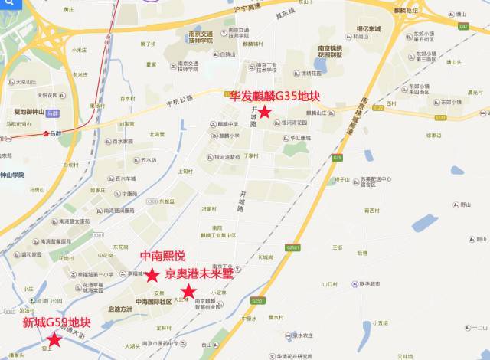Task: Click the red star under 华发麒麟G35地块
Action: pyautogui.click(x=264, y=113)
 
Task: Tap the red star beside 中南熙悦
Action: pyautogui.click(x=152, y=274)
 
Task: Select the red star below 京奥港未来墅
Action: pyautogui.click(x=188, y=291)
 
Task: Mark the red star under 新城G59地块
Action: pyautogui.click(x=54, y=339)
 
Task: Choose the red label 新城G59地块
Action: pyautogui.click(x=56, y=322)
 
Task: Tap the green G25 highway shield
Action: pyautogui.click(x=337, y=158)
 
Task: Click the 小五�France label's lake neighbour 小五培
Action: pyautogui.click(x=381, y=322)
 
